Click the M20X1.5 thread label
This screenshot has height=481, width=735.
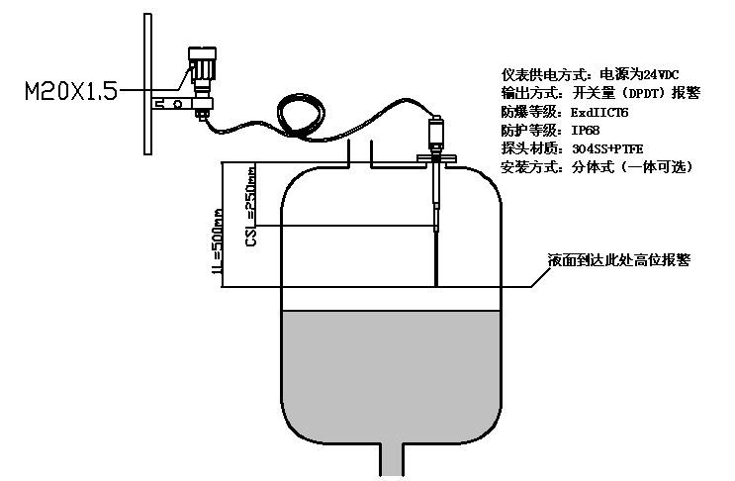(69, 92)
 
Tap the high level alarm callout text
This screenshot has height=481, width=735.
(618, 260)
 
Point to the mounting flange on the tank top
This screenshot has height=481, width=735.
(435, 157)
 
